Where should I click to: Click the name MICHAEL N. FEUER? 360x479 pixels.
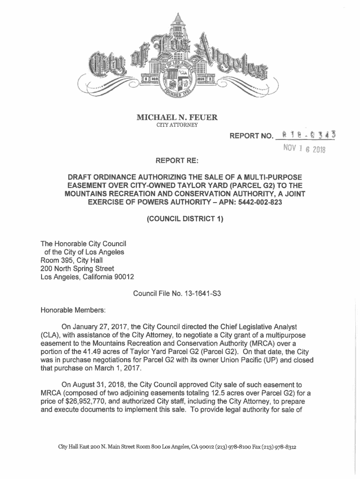(180, 117)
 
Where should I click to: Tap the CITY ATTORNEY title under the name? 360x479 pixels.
(180, 125)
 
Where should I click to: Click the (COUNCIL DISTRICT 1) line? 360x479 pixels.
(180, 219)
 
